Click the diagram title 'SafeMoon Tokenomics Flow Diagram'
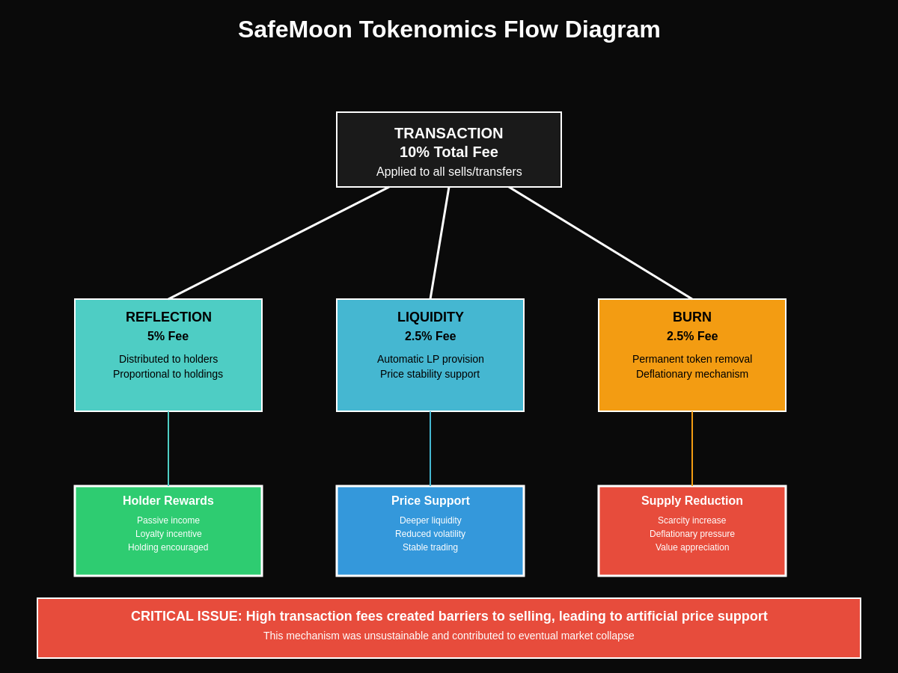[449, 30]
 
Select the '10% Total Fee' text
[449, 152]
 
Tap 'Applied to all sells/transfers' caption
[449, 172]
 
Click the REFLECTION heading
[168, 317]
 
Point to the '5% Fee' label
[168, 336]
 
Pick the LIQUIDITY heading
[430, 317]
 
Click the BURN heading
[692, 317]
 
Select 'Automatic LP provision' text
[430, 359]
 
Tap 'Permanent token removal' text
[692, 359]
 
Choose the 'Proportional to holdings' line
[168, 374]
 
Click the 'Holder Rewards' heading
[168, 501]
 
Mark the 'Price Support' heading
[430, 501]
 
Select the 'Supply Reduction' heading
[692, 501]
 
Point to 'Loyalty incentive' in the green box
[168, 534]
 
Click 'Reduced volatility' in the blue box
[430, 534]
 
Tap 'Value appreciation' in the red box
[692, 547]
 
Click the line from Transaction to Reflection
[278, 243]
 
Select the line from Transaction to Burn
[600, 243]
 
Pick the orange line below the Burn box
[692, 449]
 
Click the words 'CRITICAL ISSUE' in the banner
[186, 616]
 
